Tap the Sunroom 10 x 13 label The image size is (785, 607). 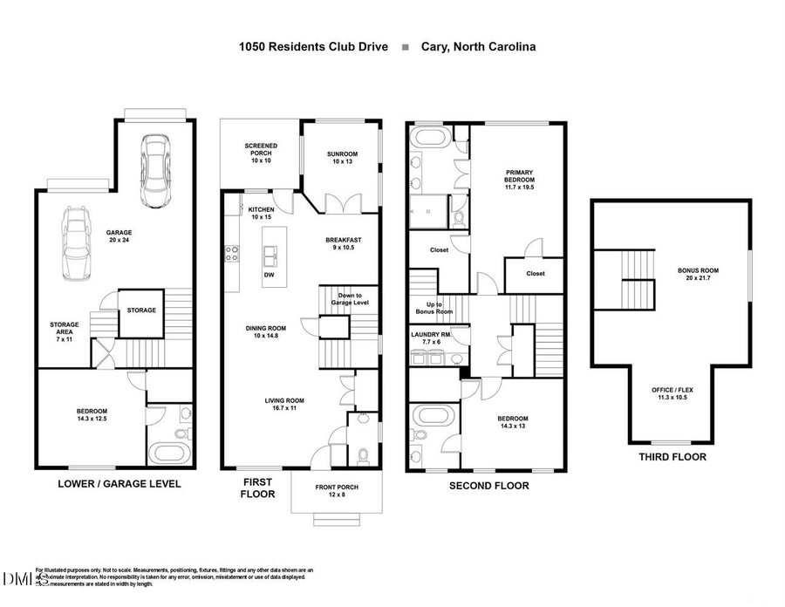(342, 159)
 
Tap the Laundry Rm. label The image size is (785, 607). (431, 338)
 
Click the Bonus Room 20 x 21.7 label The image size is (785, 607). (699, 275)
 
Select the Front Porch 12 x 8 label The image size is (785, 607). (337, 491)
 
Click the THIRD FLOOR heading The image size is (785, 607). (672, 456)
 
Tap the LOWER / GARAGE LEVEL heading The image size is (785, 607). (119, 483)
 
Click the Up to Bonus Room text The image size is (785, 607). (433, 308)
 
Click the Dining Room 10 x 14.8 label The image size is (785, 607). (264, 332)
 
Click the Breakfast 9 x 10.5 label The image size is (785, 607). (344, 243)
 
